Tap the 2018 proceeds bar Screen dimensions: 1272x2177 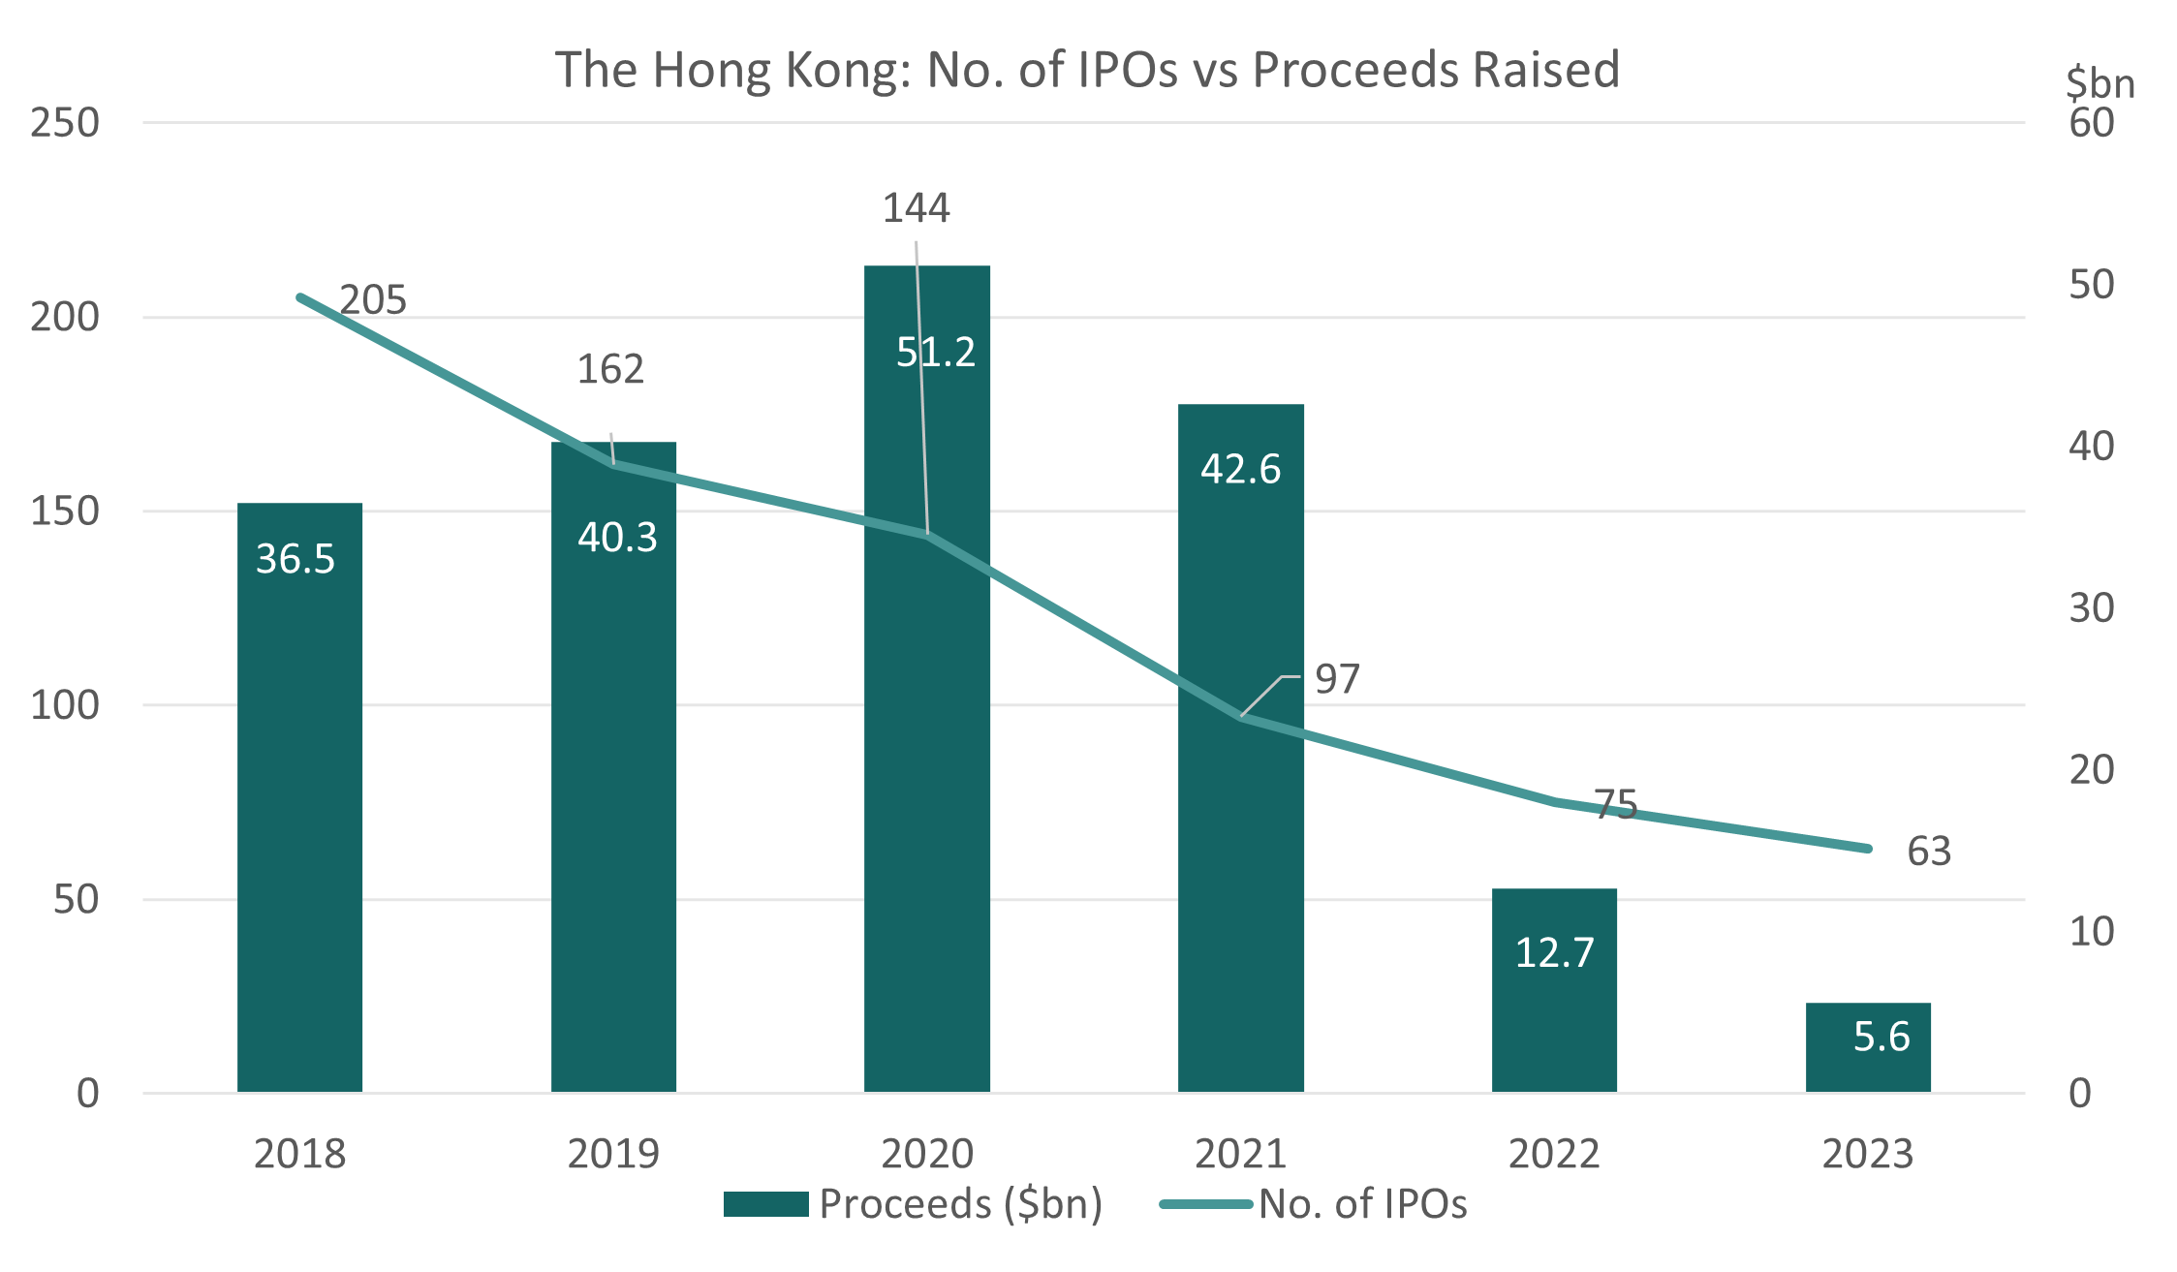(299, 823)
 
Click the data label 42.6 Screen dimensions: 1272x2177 (1240, 470)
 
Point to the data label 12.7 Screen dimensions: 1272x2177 (1554, 953)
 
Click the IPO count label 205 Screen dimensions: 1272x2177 (373, 300)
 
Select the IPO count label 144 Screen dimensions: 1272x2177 (916, 208)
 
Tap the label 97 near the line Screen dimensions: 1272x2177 (1337, 680)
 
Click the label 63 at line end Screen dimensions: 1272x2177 (1928, 852)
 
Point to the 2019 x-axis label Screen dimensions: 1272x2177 (613, 1154)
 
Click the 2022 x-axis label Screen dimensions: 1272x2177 (1554, 1154)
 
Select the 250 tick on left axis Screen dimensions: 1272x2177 (65, 123)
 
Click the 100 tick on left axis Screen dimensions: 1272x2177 (65, 705)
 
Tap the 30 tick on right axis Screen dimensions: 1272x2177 (2091, 608)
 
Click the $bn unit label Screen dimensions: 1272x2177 (2099, 83)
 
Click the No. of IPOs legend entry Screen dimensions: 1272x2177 (1361, 1204)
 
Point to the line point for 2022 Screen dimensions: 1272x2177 (1554, 801)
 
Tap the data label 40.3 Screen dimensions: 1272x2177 (617, 538)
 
